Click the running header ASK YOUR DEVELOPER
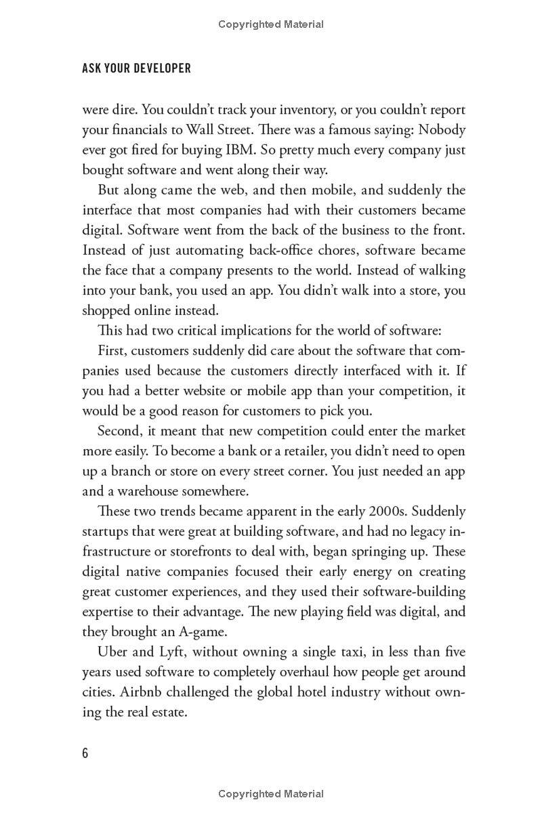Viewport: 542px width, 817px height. (x=136, y=68)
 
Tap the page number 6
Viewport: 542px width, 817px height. (x=85, y=753)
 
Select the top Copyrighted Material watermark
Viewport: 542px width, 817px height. (x=271, y=24)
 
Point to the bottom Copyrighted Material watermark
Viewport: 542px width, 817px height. (x=271, y=794)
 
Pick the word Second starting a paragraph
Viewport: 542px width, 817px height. (x=119, y=431)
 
